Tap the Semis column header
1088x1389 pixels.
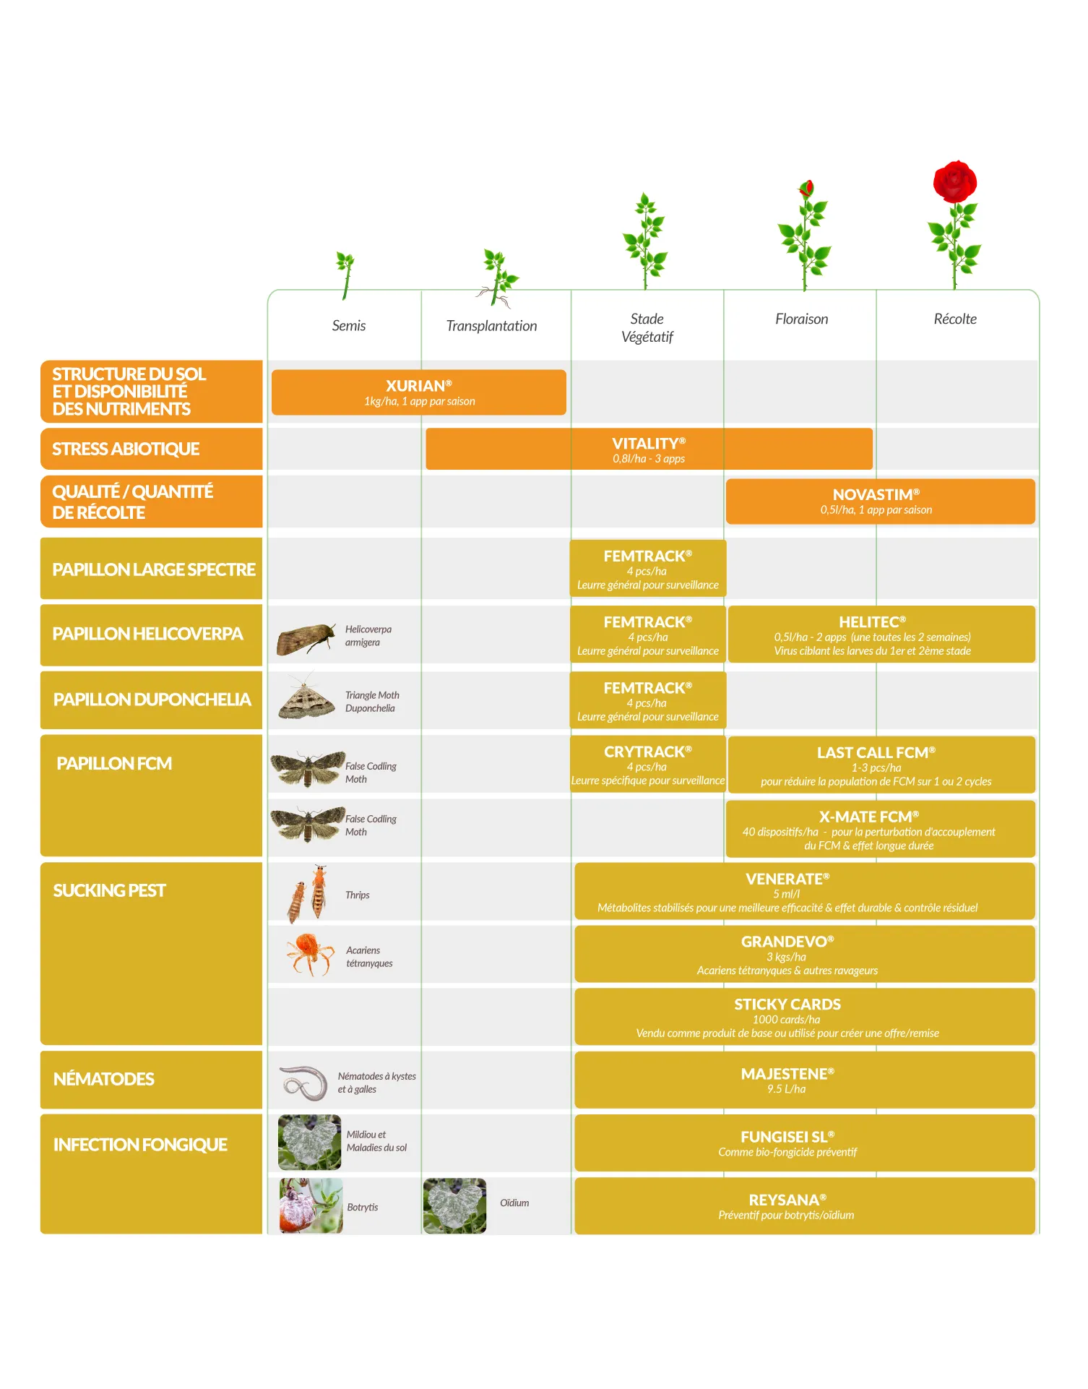pos(349,326)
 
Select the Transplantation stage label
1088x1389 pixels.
pos(491,326)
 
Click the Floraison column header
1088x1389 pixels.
pos(801,319)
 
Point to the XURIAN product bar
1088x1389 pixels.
pos(419,392)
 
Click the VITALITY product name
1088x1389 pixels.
pos(649,444)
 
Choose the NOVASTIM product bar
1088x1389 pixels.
pos(881,502)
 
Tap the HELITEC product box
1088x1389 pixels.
pos(881,635)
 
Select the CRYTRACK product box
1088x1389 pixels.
pos(648,765)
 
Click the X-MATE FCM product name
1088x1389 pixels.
pos(869,817)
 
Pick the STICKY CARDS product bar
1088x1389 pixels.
pos(805,1017)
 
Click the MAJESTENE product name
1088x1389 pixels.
pos(787,1074)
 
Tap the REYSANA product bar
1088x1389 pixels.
pos(805,1206)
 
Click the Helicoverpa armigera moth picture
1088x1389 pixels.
pos(306,639)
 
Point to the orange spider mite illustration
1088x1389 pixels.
pos(310,953)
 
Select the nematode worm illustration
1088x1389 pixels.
pos(304,1083)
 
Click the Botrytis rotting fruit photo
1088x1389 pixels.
pos(311,1205)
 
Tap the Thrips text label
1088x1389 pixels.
pos(358,895)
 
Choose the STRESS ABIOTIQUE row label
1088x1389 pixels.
pos(152,449)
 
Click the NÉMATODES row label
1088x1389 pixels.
pos(152,1080)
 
